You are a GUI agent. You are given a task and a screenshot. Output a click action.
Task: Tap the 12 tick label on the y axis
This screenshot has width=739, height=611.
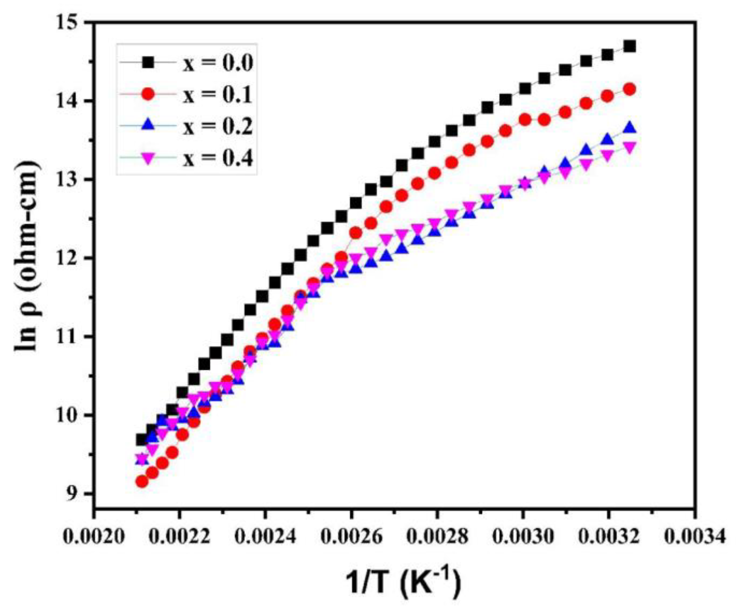point(74,258)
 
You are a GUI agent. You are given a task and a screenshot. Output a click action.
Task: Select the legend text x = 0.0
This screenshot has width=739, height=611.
point(218,63)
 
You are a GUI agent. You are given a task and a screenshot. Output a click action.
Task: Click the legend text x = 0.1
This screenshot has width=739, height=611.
point(218,94)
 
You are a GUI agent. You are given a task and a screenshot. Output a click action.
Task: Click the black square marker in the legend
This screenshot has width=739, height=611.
point(148,62)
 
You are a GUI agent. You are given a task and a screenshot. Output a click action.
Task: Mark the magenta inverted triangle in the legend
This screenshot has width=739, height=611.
point(148,158)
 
